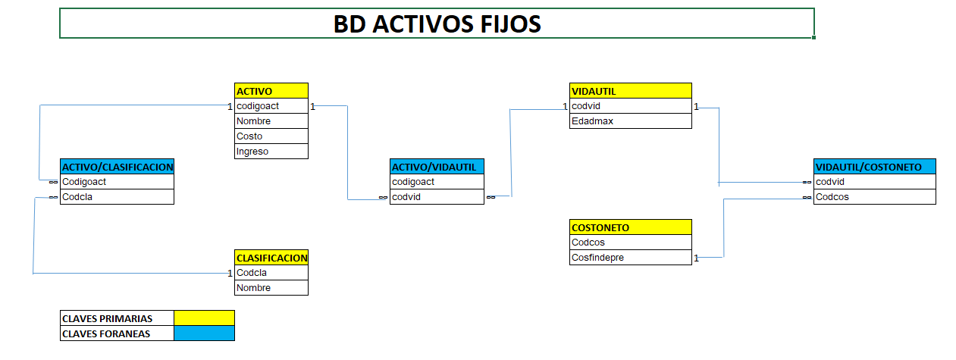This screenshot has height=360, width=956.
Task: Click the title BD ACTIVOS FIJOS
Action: tap(437, 23)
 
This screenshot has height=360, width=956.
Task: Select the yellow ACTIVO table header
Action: tap(271, 91)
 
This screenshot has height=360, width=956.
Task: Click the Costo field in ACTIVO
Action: tap(271, 136)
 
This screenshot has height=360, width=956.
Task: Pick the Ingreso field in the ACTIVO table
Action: tap(271, 152)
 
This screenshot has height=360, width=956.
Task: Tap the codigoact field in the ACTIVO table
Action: tap(271, 106)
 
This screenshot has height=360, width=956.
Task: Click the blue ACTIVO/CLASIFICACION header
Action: tap(118, 167)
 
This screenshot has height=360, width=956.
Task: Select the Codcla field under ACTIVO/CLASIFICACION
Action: tap(118, 197)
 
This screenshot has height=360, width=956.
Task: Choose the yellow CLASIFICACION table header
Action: tap(271, 258)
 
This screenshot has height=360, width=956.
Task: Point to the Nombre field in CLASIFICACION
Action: tap(271, 288)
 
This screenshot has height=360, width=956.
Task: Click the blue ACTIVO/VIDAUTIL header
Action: tap(437, 167)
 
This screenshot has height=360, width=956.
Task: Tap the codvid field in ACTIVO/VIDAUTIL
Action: tap(437, 197)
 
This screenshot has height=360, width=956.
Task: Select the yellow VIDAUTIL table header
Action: tap(631, 91)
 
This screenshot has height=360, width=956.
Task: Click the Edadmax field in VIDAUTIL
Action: tap(631, 121)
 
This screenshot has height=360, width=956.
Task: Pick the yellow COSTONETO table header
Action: tap(631, 227)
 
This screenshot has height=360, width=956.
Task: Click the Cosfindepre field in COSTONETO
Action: tap(631, 258)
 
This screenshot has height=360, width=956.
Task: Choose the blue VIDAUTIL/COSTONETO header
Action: tap(875, 167)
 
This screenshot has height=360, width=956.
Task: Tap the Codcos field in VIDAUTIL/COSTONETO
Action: tap(875, 197)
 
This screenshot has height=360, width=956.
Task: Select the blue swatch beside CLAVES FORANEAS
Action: tap(204, 333)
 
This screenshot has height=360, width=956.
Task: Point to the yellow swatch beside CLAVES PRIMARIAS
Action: tap(204, 318)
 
